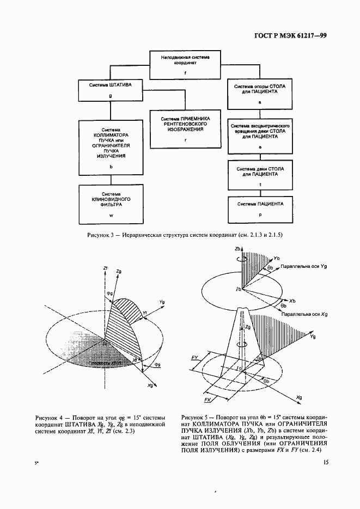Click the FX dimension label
tap(208, 400)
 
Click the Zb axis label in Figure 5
tap(238, 249)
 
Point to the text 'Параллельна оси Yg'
tap(303, 267)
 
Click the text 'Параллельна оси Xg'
tap(304, 315)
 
